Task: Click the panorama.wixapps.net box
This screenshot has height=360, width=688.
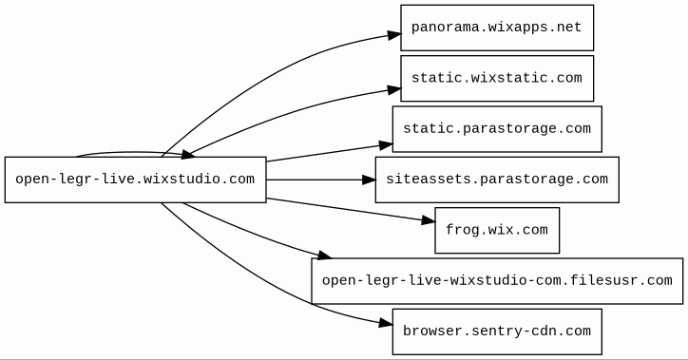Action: pyautogui.click(x=497, y=28)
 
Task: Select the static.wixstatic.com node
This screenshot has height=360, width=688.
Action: pyautogui.click(x=497, y=79)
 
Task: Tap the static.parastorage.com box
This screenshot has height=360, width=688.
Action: pyautogui.click(x=497, y=129)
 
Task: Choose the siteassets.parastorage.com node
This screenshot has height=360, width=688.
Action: pyautogui.click(x=497, y=180)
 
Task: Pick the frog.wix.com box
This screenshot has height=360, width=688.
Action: pyautogui.click(x=497, y=230)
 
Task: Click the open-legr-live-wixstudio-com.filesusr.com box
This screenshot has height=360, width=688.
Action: pyautogui.click(x=497, y=281)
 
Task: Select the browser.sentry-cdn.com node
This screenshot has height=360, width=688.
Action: pyautogui.click(x=497, y=332)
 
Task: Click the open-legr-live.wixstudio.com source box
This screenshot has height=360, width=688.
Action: pyautogui.click(x=136, y=180)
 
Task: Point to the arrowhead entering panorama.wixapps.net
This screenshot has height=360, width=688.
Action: pyautogui.click(x=395, y=35)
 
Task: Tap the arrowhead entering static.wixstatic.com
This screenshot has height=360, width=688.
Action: pyautogui.click(x=395, y=90)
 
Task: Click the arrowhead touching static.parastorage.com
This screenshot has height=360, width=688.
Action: pyautogui.click(x=386, y=145)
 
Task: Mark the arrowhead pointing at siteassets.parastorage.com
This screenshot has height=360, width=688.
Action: pyautogui.click(x=369, y=180)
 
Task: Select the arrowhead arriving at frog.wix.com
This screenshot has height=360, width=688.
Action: pyautogui.click(x=429, y=220)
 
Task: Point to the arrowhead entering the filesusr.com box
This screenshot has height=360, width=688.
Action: pyautogui.click(x=325, y=256)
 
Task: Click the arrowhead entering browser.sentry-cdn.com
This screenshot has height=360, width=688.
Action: pyautogui.click(x=386, y=324)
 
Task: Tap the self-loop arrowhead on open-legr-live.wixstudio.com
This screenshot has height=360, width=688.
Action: pyautogui.click(x=187, y=154)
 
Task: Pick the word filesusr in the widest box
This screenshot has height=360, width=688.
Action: pyautogui.click(x=596, y=280)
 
